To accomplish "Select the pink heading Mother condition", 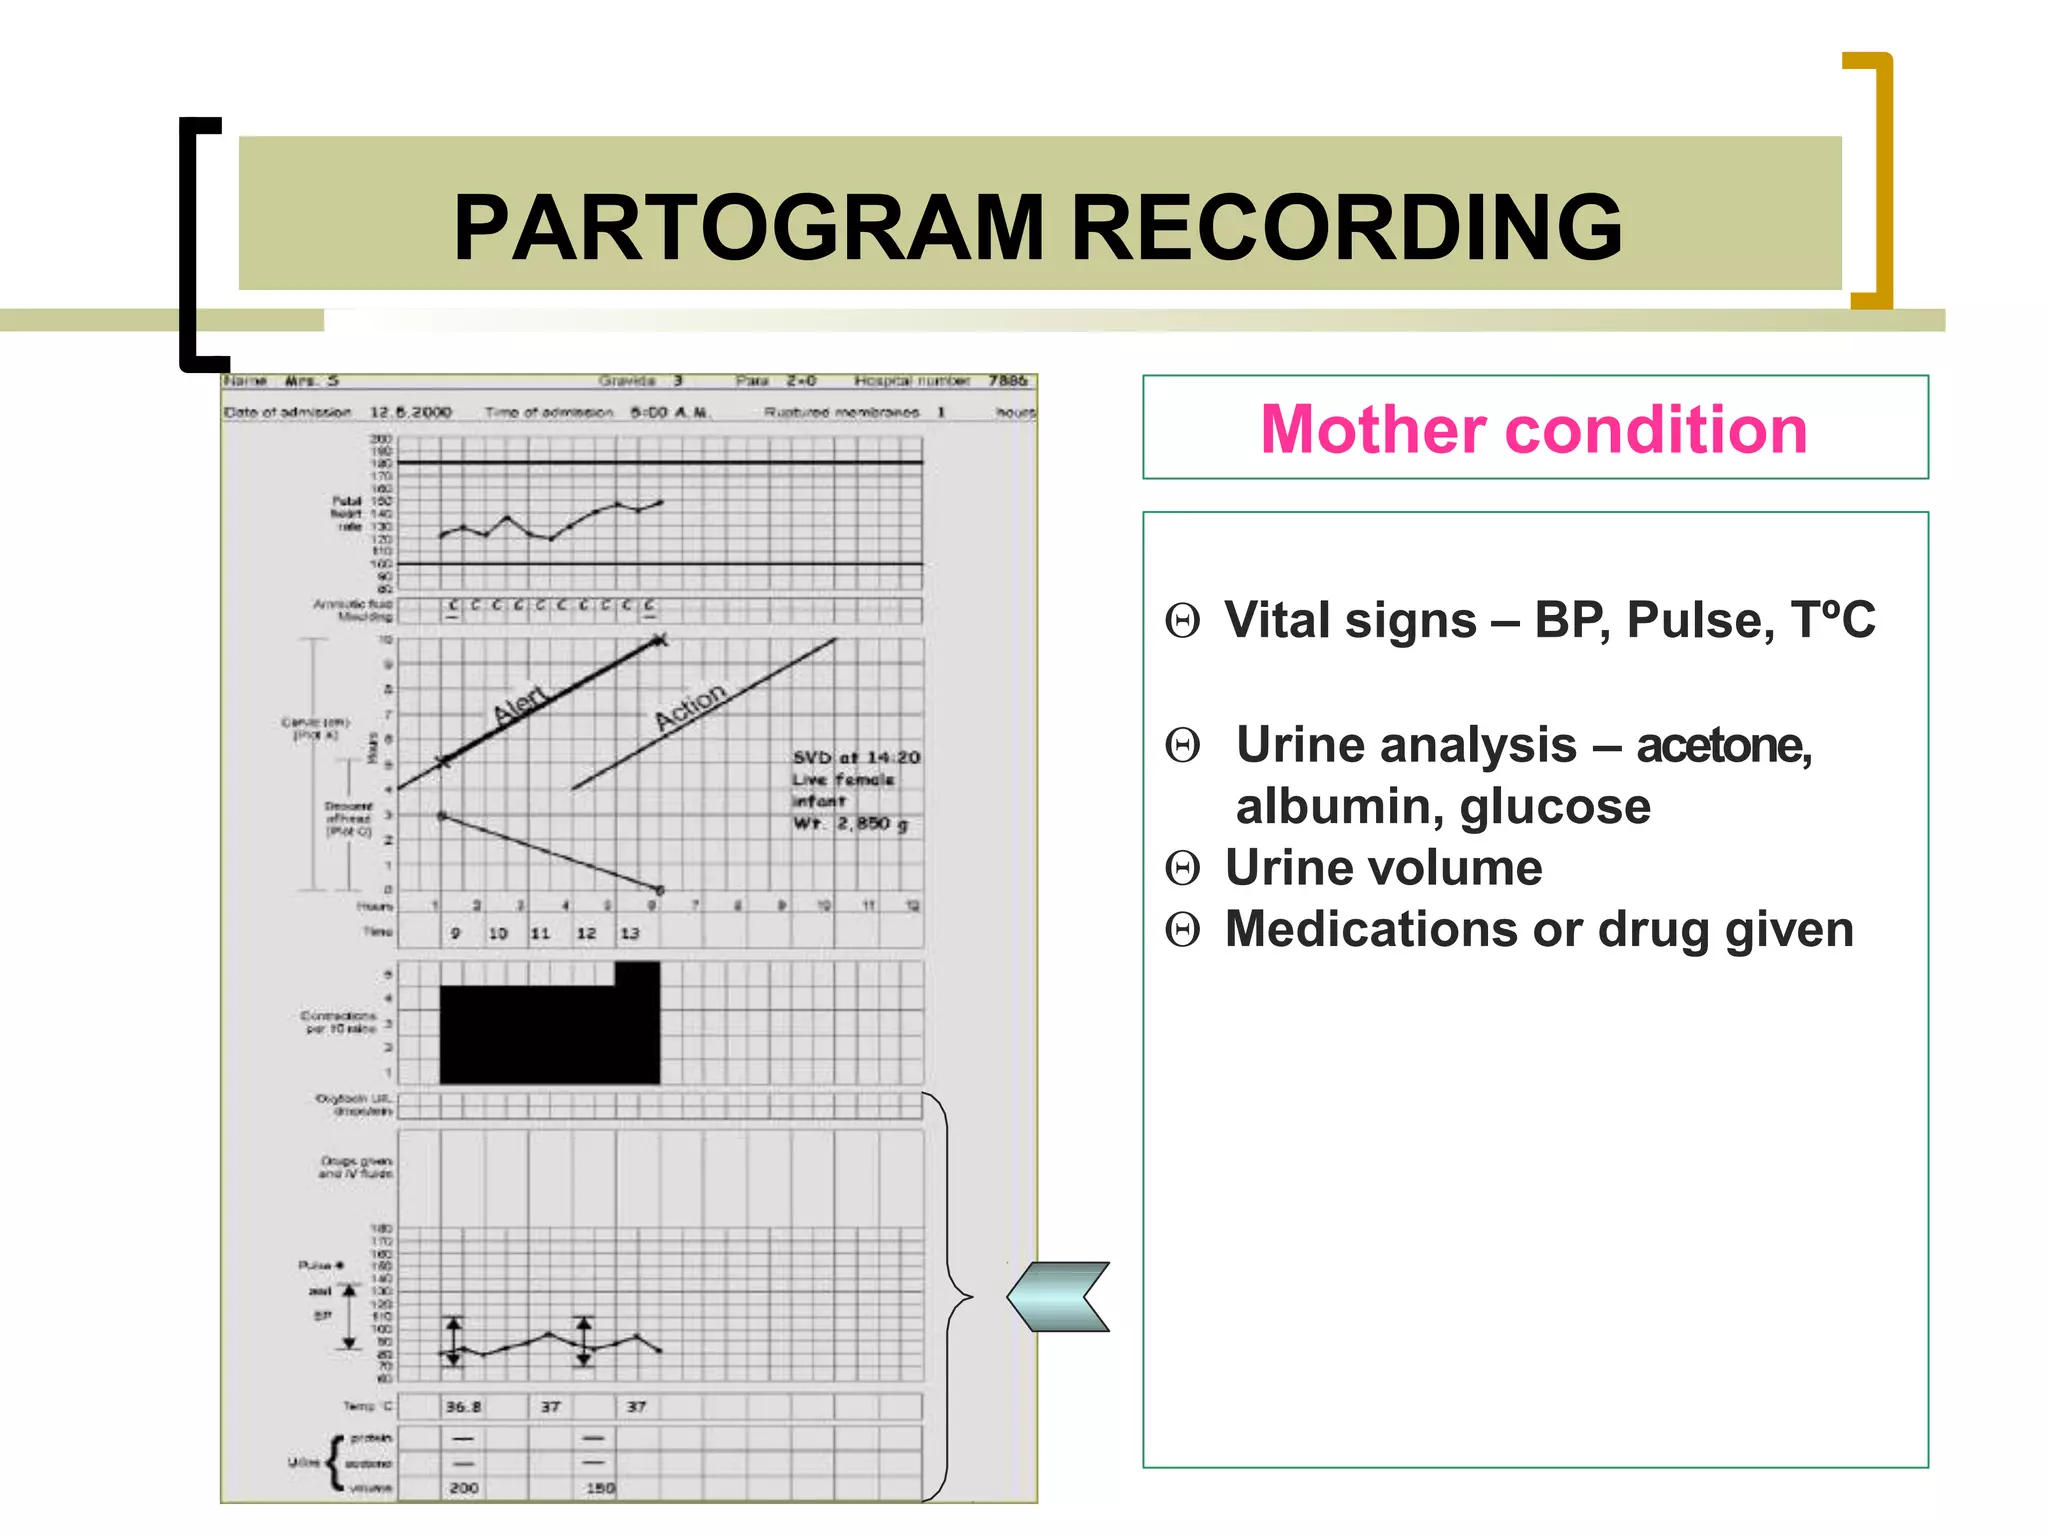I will click(1533, 429).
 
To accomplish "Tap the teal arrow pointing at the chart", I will click(1059, 1296).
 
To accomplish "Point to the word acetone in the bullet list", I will click(1723, 745).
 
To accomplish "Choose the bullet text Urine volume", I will click(1383, 868).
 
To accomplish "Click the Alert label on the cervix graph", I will click(521, 704).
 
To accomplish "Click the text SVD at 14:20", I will click(856, 758).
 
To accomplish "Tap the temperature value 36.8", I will click(462, 1407).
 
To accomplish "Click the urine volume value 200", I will click(463, 1488).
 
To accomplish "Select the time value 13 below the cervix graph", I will click(629, 933).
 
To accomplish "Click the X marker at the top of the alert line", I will click(659, 640).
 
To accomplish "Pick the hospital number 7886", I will click(1007, 381).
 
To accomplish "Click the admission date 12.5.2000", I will click(411, 412).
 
